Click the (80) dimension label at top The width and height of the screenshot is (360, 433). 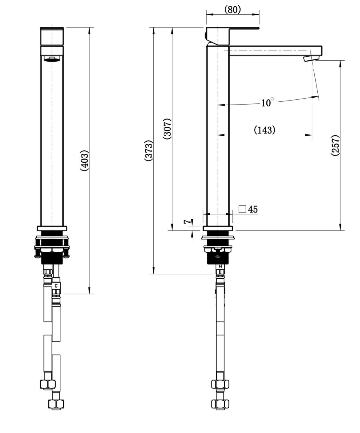pyautogui.click(x=232, y=10)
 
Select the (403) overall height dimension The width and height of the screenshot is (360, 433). pyautogui.click(x=84, y=161)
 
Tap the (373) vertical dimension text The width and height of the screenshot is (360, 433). pyautogui.click(x=149, y=151)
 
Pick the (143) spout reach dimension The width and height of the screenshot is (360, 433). pyautogui.click(x=264, y=130)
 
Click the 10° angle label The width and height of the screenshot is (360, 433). pyautogui.click(x=267, y=102)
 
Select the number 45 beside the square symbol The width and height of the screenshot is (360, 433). pyautogui.click(x=253, y=209)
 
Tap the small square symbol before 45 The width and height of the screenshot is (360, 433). pyautogui.click(x=242, y=209)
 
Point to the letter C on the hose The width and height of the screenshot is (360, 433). pyautogui.click(x=56, y=286)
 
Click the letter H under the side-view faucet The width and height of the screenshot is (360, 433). pyautogui.click(x=220, y=266)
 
